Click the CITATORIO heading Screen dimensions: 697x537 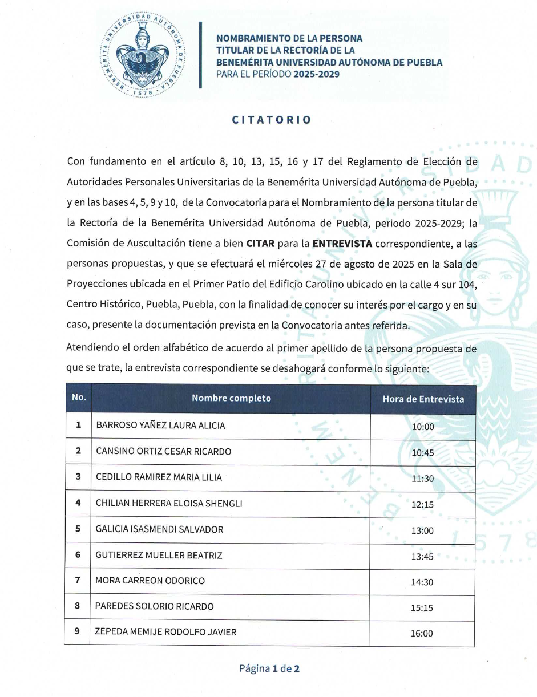(x=272, y=120)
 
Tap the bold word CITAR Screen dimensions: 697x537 (x=260, y=244)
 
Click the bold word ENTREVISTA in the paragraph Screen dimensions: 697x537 (x=342, y=244)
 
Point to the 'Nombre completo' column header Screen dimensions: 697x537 (x=231, y=398)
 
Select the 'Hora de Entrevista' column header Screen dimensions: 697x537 (x=423, y=399)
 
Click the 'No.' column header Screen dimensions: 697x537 (x=79, y=398)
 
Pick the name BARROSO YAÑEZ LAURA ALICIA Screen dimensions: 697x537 (x=160, y=426)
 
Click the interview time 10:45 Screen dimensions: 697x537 (x=423, y=452)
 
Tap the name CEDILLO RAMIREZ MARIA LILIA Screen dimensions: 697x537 (x=159, y=477)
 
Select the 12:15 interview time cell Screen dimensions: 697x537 (x=423, y=505)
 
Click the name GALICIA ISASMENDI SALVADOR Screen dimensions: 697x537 (x=159, y=529)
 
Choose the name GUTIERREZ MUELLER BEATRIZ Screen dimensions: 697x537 (x=159, y=555)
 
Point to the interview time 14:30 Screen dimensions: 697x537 (x=422, y=582)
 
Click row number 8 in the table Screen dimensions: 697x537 (x=78, y=606)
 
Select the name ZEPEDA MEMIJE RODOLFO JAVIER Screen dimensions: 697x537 (x=165, y=632)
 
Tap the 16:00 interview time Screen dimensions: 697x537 (x=422, y=633)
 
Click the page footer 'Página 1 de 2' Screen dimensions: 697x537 (x=269, y=668)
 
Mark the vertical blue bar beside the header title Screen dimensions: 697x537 (x=200, y=55)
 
